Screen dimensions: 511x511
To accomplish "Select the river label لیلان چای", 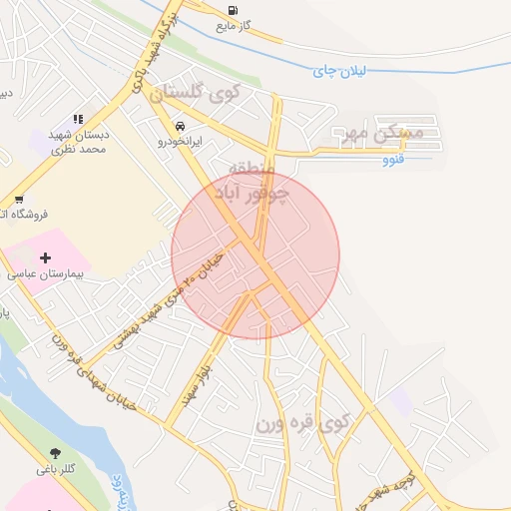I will (340, 70).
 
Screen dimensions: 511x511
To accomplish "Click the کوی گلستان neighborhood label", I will (196, 94).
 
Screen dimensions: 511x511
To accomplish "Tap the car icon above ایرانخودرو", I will (180, 127).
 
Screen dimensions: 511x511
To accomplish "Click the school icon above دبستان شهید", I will (79, 120).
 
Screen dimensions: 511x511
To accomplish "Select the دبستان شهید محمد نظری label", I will (80, 141).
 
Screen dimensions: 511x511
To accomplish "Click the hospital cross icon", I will (45, 257).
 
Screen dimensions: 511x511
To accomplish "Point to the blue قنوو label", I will (393, 159).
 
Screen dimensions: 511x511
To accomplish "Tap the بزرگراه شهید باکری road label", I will (151, 50).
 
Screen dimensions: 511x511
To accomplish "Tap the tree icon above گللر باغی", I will (54, 453).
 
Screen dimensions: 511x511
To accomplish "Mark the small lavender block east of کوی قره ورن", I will (400, 401).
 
